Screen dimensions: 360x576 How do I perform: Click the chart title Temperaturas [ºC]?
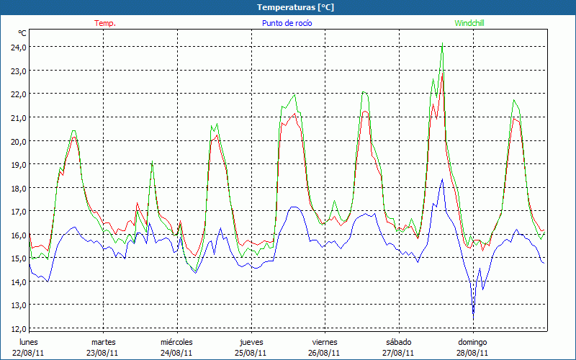click(296, 7)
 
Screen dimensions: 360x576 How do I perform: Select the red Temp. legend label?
click(105, 23)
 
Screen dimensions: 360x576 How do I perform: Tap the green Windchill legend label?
click(469, 23)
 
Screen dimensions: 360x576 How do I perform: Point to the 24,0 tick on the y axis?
click(17, 48)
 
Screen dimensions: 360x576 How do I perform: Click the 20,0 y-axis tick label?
click(17, 141)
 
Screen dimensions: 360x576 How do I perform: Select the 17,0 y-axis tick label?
click(17, 212)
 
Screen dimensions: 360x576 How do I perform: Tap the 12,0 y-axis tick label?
click(17, 329)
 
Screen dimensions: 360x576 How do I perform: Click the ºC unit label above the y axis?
click(22, 33)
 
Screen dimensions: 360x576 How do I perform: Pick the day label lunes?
click(29, 342)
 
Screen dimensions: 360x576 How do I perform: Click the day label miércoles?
click(176, 342)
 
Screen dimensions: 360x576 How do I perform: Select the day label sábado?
click(398, 342)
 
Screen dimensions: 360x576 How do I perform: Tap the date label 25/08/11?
click(251, 353)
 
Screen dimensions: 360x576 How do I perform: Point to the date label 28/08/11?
click(473, 353)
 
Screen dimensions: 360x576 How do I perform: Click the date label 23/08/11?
click(103, 353)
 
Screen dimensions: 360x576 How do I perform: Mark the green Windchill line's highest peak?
click(441, 43)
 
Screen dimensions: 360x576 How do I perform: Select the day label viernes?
click(325, 342)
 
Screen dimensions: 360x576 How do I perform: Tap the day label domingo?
click(473, 342)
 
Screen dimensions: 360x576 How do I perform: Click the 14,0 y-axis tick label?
click(17, 282)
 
